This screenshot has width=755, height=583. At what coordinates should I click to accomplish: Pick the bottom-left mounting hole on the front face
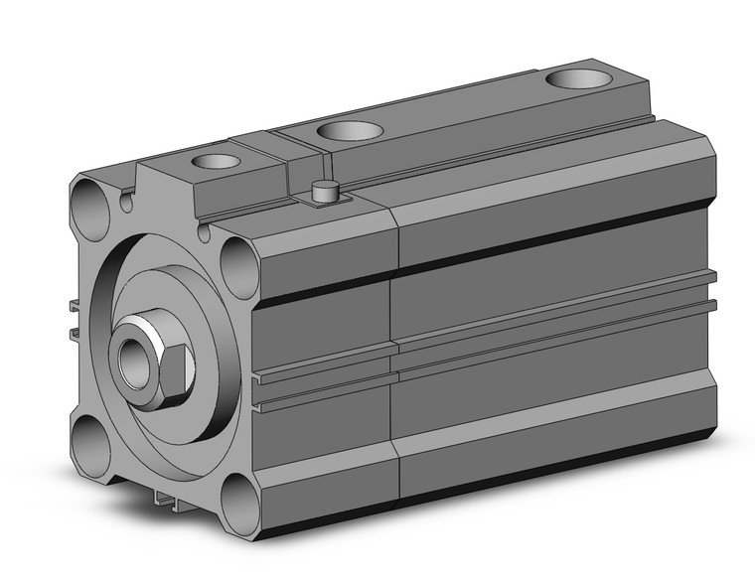(92, 438)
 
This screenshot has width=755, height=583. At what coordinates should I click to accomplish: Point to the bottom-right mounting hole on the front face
(238, 502)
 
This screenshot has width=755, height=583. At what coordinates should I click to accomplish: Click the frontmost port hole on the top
(216, 160)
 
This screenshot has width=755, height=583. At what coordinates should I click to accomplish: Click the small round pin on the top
(321, 189)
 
